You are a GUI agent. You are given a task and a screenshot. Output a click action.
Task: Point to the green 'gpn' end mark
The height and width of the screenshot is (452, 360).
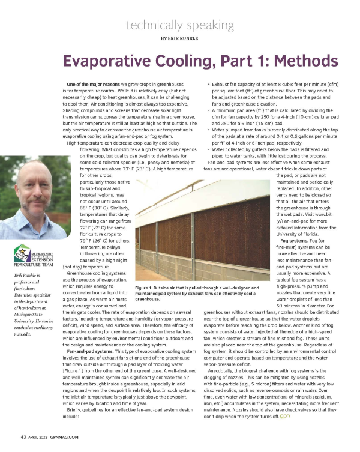[x=287, y=415]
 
